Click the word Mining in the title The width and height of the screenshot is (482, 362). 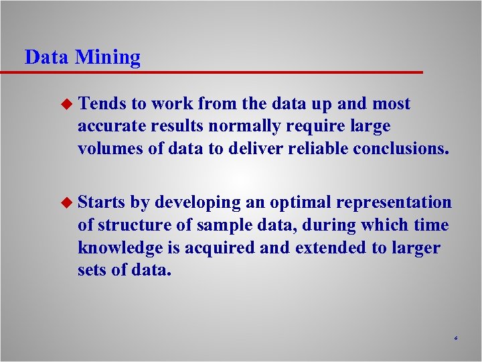(108, 58)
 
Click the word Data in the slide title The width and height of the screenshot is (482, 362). (46, 58)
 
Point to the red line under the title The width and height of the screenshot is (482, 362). (221, 72)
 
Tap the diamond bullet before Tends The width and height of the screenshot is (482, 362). (66, 104)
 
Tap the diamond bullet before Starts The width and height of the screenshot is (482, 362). (66, 202)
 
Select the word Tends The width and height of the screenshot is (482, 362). (102, 104)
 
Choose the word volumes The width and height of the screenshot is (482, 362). (108, 148)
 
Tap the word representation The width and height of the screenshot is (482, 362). (394, 202)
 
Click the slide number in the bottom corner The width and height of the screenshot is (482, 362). (455, 339)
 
